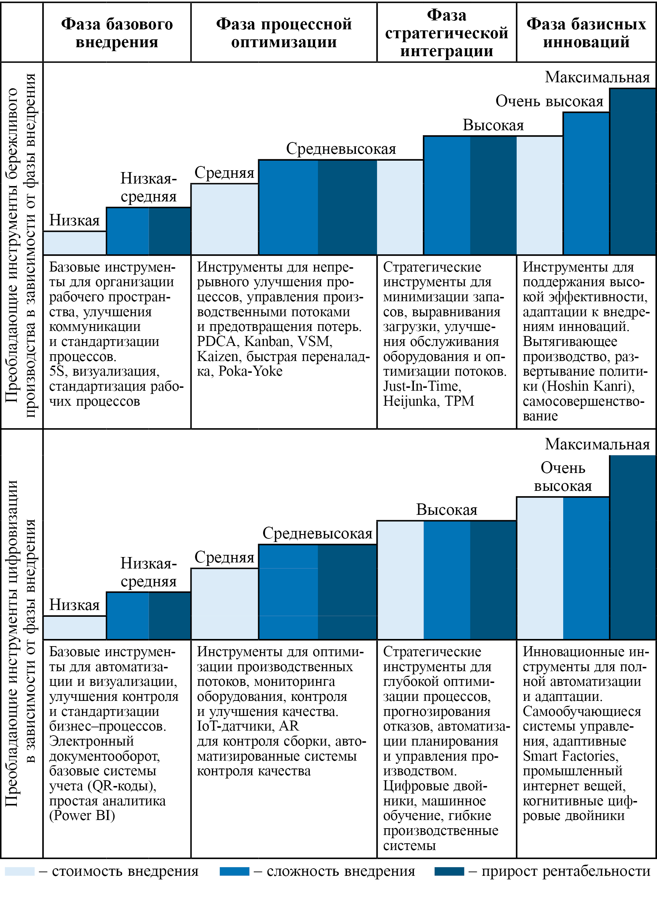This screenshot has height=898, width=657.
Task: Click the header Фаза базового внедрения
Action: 117,33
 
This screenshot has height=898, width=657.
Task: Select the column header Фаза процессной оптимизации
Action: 284,33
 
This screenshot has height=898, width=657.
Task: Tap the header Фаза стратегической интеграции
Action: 446,33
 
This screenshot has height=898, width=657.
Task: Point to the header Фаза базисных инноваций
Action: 586,33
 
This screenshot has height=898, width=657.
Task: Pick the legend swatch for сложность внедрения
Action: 234,872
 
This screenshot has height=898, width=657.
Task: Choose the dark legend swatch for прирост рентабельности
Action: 449,872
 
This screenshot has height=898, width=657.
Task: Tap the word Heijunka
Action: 410,401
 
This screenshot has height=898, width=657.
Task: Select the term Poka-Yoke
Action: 251,371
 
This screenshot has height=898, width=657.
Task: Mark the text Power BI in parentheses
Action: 82,815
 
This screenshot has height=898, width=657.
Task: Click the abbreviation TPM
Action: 460,401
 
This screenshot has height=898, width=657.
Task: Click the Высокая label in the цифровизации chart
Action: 446,510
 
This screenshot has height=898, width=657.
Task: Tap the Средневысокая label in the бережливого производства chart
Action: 341,149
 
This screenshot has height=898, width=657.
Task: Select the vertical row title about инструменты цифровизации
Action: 20,644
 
